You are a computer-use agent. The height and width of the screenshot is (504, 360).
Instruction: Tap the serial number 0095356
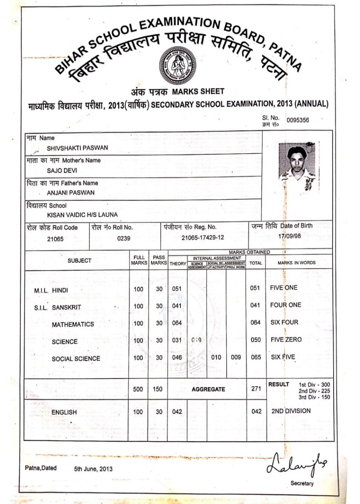298,120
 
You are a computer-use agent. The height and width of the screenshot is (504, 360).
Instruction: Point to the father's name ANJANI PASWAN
65,193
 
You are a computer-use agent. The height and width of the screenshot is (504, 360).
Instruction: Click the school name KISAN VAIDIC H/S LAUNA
82,215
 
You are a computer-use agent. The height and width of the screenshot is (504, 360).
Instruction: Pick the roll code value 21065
55,239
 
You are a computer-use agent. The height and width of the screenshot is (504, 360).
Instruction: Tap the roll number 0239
124,238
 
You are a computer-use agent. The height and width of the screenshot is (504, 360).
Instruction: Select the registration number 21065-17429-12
203,238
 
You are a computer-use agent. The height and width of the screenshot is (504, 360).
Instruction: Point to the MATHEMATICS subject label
73,324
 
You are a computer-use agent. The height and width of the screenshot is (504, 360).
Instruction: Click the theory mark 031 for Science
177,340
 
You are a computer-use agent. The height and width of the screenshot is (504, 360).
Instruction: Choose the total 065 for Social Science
256,358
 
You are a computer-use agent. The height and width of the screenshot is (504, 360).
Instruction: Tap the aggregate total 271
256,389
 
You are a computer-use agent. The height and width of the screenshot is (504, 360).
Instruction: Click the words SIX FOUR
284,322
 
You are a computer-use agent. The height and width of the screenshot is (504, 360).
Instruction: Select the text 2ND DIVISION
291,411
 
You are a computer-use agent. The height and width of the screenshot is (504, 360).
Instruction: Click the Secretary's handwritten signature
296,465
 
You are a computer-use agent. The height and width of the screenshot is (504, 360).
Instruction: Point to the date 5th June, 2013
93,469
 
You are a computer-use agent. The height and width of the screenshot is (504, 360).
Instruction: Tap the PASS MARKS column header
159,260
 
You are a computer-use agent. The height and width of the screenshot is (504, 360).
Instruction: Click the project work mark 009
235,358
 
